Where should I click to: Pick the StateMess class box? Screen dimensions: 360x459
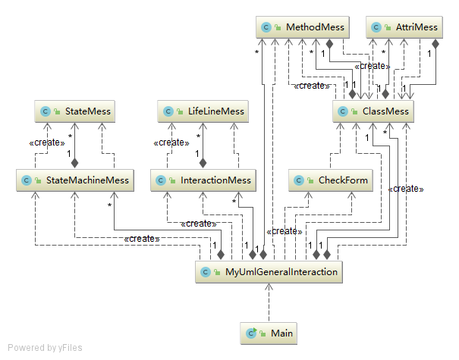coord(74,111)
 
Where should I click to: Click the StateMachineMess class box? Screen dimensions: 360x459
coord(74,180)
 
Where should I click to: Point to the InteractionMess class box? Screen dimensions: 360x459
coord(202,180)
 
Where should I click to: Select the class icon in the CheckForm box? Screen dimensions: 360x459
coord(300,180)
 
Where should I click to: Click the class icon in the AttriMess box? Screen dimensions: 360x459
coord(377,27)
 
